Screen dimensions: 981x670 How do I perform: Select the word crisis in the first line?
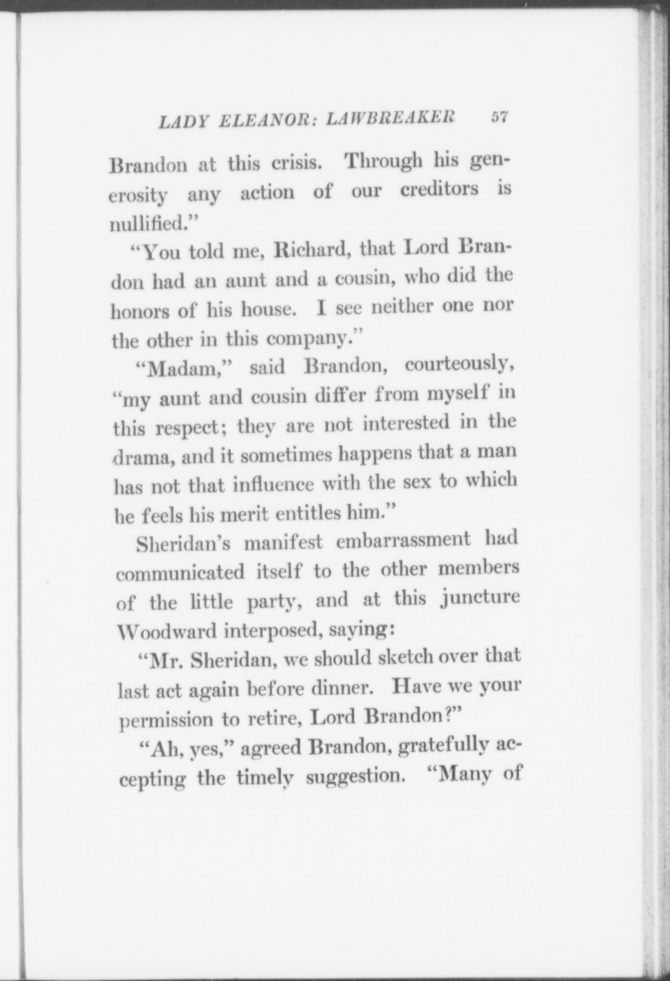296,163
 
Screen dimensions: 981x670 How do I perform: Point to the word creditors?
439,189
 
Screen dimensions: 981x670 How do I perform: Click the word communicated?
181,573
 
